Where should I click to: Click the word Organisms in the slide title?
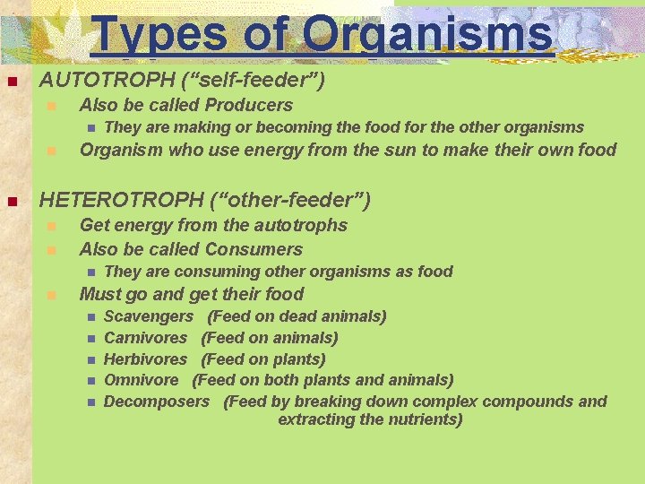pos(427,35)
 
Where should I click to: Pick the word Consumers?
pos(254,249)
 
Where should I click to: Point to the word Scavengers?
pos(148,316)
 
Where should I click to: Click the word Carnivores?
pos(145,338)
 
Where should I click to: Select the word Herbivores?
pos(145,359)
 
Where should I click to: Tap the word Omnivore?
pos(141,381)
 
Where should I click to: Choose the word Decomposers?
pos(156,402)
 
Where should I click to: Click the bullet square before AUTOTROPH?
pos(12,82)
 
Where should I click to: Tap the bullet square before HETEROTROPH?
pos(12,200)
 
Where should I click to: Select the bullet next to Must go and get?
pos(52,295)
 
